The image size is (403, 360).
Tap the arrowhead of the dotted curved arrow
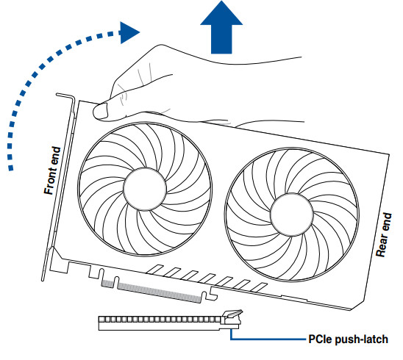pos(129,32)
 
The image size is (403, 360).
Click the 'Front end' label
pos(52,170)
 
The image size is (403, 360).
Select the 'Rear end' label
pos(384,234)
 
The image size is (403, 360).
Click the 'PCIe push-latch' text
pos(349,339)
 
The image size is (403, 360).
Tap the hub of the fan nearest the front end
pos(145,190)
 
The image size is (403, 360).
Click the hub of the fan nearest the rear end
pos(292,215)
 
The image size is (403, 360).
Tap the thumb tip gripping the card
pos(100,111)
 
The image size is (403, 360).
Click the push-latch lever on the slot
pos(232,314)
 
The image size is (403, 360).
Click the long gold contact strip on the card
pos(160,292)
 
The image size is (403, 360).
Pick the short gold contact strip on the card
pos(107,284)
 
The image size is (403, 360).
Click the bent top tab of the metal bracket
pos(65,96)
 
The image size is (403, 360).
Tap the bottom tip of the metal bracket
pos(43,279)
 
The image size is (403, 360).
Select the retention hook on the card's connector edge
pos(213,294)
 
